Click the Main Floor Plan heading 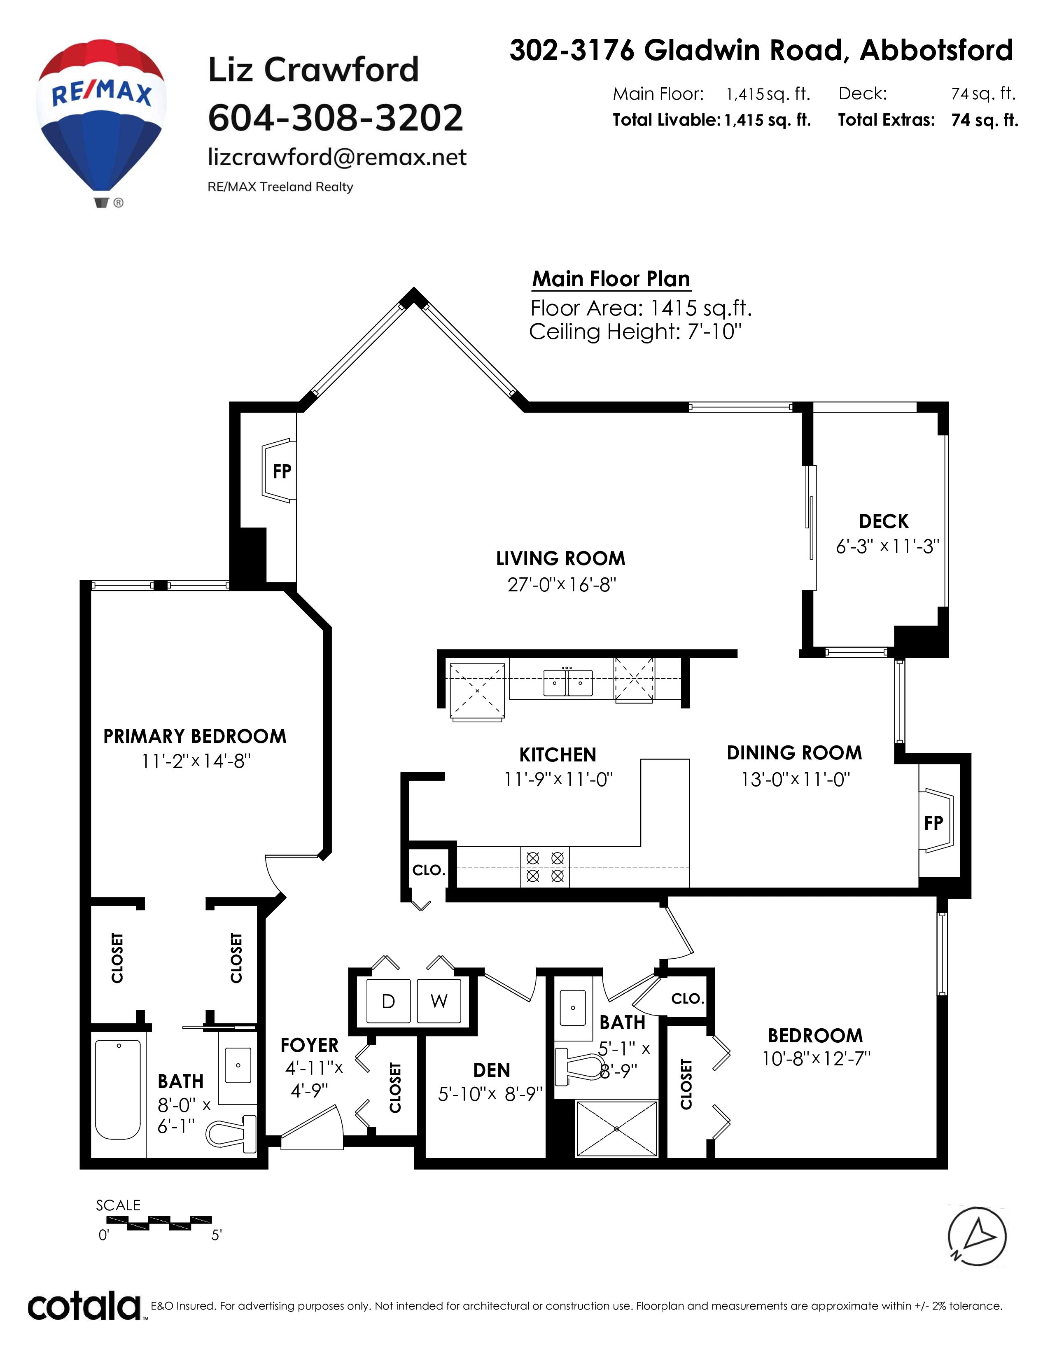[x=611, y=279]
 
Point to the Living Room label [x=560, y=558]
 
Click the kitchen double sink [x=568, y=683]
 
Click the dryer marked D [x=388, y=1001]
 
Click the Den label [x=491, y=1070]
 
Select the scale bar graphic [x=159, y=1223]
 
